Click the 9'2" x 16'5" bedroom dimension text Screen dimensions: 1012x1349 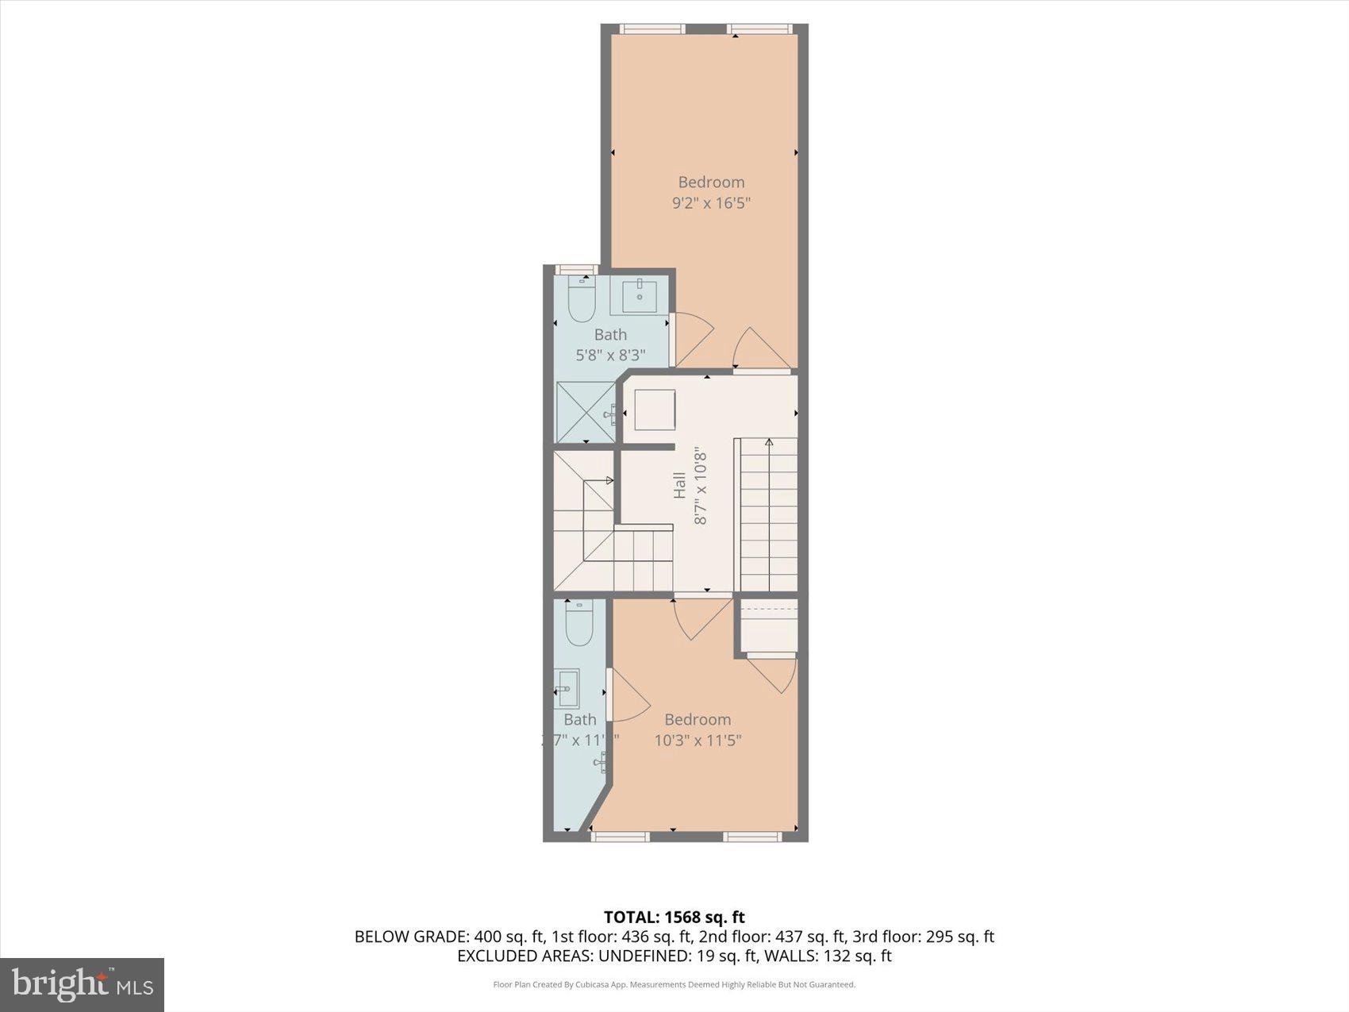pyautogui.click(x=711, y=203)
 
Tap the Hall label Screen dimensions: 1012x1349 pyautogui.click(x=679, y=485)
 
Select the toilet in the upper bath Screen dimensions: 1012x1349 pyautogui.click(x=582, y=300)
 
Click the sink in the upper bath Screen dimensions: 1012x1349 pyautogui.click(x=639, y=296)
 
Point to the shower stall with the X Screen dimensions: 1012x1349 pyautogui.click(x=586, y=412)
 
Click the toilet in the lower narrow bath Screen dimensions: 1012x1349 pyautogui.click(x=579, y=623)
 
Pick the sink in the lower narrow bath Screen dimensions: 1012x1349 pyautogui.click(x=567, y=688)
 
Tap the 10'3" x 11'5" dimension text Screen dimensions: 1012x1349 pyautogui.click(x=698, y=741)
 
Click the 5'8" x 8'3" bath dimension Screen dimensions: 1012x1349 pyautogui.click(x=610, y=355)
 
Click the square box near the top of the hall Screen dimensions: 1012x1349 pyautogui.click(x=655, y=410)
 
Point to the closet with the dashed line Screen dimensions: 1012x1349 pyautogui.click(x=768, y=625)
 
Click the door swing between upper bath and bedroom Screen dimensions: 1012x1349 pyautogui.click(x=692, y=337)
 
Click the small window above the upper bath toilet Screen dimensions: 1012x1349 pyautogui.click(x=576, y=269)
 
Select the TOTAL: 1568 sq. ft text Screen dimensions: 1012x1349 pyautogui.click(x=674, y=918)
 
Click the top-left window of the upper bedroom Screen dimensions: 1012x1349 pyautogui.click(x=651, y=29)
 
